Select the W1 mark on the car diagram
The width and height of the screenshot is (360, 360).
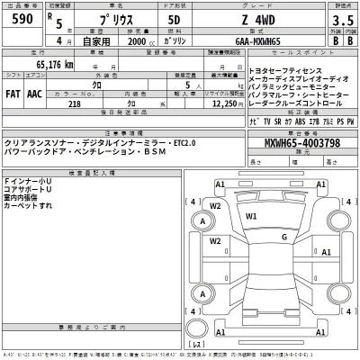coord(252,217)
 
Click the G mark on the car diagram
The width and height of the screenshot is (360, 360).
coord(282,238)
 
